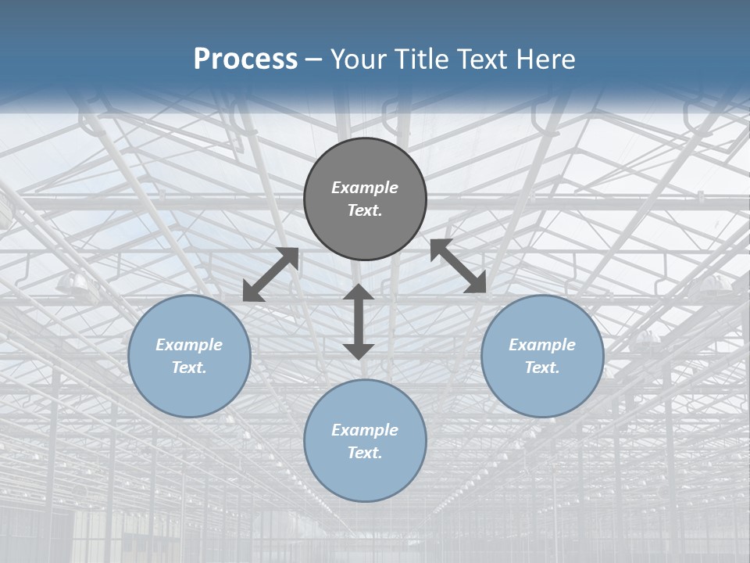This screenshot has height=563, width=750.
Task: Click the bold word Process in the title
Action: [x=245, y=59]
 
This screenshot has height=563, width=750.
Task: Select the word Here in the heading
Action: [x=546, y=59]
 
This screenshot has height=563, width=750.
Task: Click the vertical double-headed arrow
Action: [x=359, y=321]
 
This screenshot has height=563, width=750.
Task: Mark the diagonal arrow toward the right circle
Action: [x=458, y=266]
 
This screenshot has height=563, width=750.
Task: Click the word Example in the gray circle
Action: [x=365, y=188]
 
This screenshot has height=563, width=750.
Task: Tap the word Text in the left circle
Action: [x=189, y=368]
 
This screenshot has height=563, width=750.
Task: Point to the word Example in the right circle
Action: [x=542, y=345]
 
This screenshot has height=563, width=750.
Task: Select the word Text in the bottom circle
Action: [x=365, y=453]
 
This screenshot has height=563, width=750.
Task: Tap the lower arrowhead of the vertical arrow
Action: [x=359, y=350]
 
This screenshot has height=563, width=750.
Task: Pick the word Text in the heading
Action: [x=482, y=59]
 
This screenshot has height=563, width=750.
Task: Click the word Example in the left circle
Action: [x=189, y=345]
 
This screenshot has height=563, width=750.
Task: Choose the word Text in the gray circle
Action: [x=365, y=210]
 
